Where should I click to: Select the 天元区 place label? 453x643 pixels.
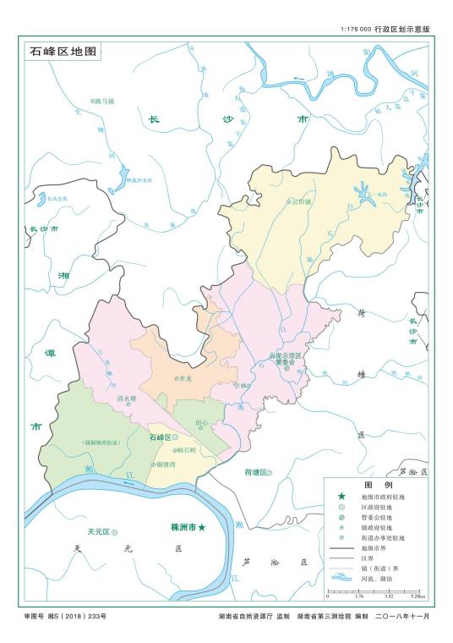(x=99, y=531)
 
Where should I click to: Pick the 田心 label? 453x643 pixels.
(x=200, y=421)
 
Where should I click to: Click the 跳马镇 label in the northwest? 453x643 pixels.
(x=103, y=101)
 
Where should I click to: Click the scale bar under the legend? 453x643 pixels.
(x=376, y=591)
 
